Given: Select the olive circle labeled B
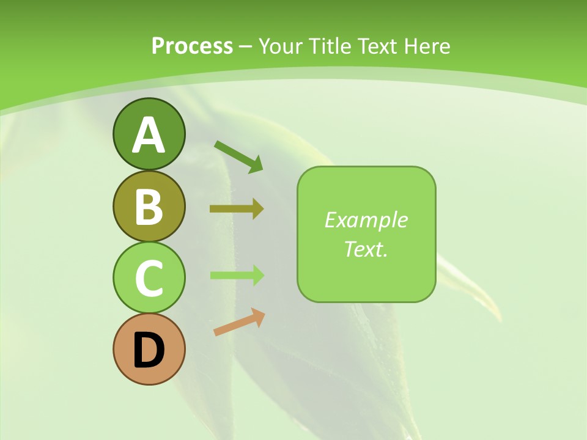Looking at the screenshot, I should click(x=149, y=206).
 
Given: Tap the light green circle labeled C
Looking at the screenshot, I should click(x=149, y=277).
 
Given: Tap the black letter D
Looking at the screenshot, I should click(x=149, y=350).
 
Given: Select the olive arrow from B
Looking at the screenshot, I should click(x=236, y=209).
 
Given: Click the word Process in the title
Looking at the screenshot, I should click(x=192, y=46).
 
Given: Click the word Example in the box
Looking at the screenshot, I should click(x=366, y=220).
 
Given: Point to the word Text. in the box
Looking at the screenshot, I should click(x=366, y=249).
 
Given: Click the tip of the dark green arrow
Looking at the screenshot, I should click(x=262, y=171).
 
